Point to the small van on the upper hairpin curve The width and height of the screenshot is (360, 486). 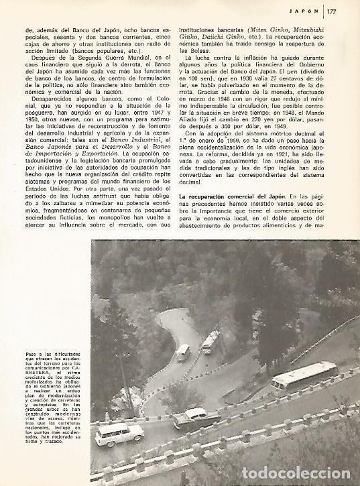point(182,351)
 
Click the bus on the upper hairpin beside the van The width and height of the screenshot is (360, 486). point(210,342)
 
